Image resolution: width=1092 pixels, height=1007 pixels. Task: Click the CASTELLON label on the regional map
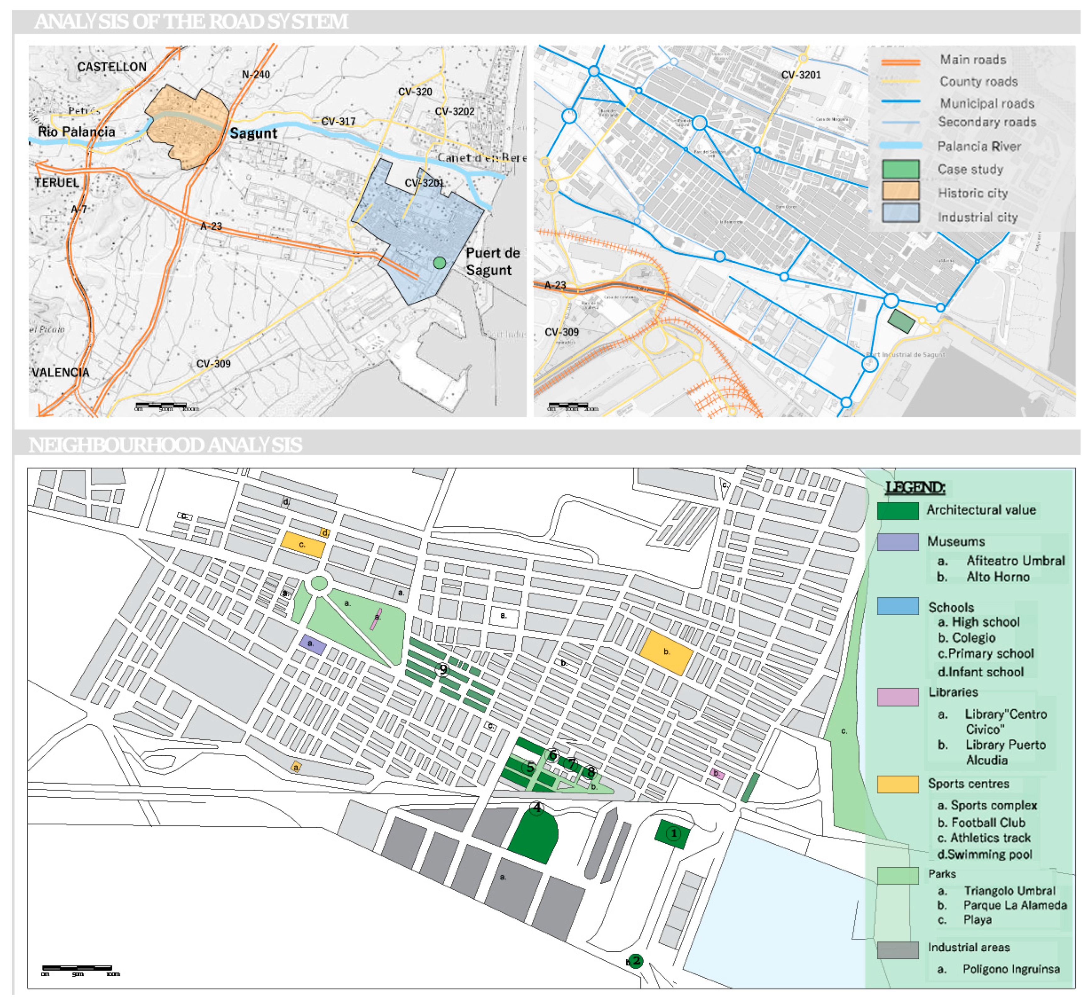(x=112, y=67)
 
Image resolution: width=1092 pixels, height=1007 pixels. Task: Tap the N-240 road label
(x=255, y=75)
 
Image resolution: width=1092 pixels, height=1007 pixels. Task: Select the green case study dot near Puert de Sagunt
(x=439, y=263)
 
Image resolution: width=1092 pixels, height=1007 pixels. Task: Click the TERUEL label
(x=57, y=182)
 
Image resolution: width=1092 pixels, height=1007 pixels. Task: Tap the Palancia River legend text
(x=979, y=146)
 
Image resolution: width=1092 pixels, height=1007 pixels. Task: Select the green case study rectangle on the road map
(x=901, y=321)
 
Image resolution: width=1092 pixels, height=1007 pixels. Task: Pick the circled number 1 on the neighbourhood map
(x=674, y=833)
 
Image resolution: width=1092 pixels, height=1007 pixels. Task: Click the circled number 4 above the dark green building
(x=537, y=807)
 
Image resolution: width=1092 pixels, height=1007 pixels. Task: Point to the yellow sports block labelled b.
(x=666, y=652)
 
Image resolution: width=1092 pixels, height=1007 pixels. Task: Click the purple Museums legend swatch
(x=898, y=542)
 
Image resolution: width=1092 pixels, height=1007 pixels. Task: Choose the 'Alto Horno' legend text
(x=997, y=577)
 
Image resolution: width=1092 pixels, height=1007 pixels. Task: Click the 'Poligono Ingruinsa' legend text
(x=1011, y=969)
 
